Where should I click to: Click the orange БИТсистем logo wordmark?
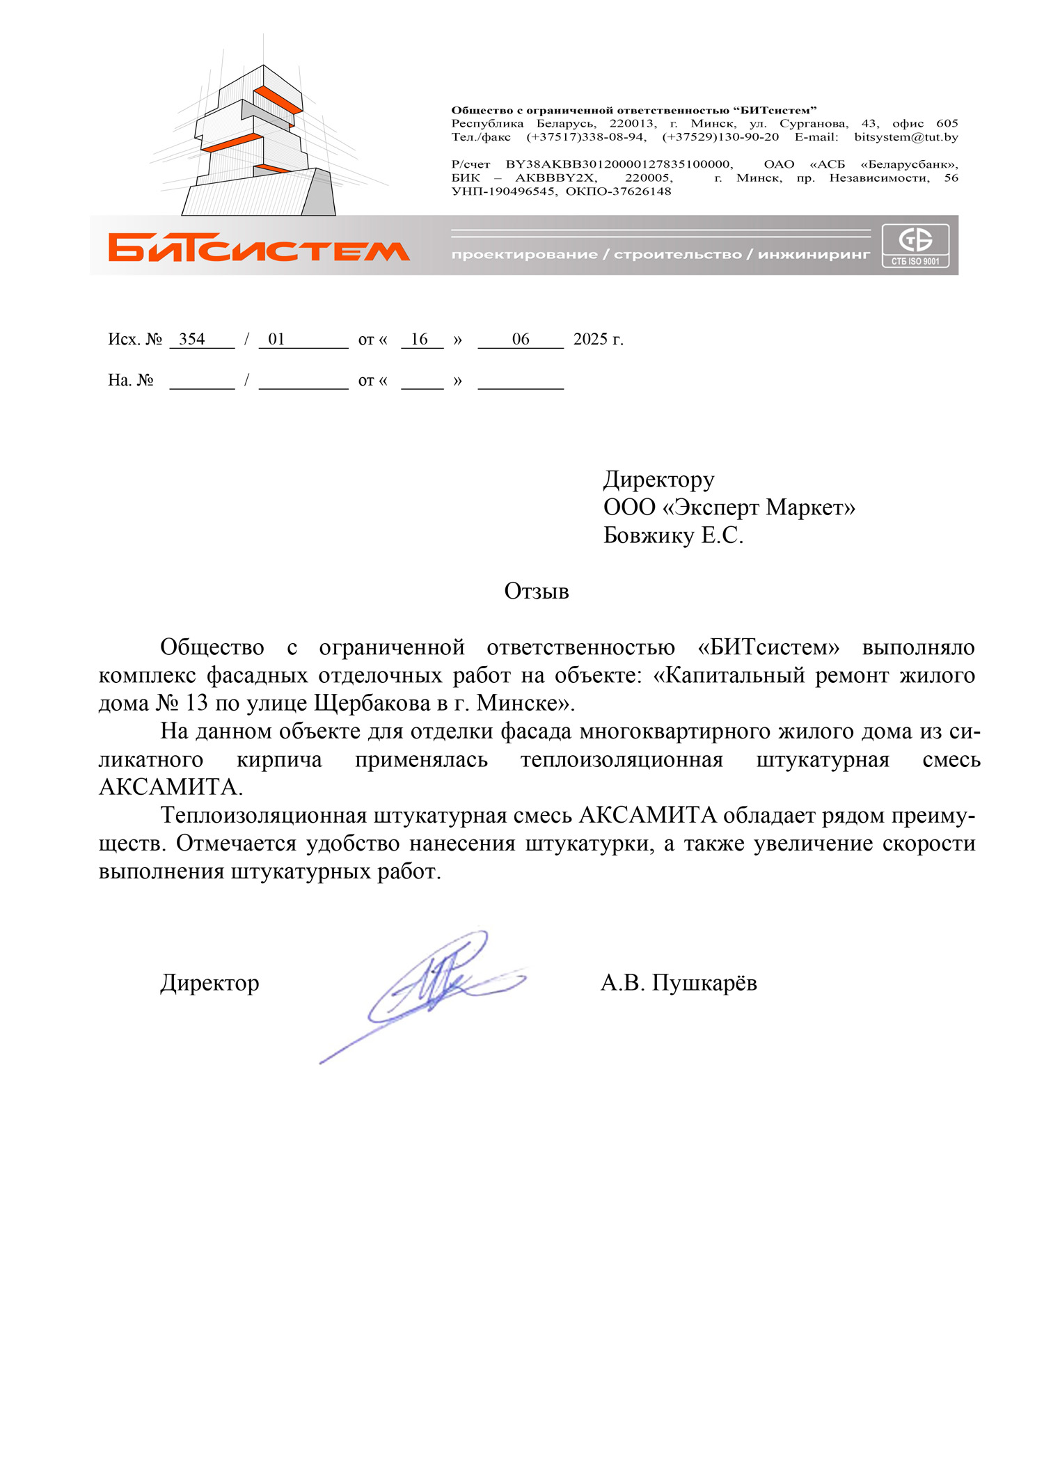click(259, 248)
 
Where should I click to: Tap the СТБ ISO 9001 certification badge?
click(915, 245)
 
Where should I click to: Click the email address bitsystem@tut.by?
click(905, 137)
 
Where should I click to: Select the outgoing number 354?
click(192, 339)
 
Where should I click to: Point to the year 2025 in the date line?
click(590, 339)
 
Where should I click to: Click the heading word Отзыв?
click(537, 591)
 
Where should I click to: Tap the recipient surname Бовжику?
click(649, 535)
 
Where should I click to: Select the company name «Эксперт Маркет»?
click(759, 507)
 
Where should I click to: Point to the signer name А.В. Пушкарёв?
click(679, 983)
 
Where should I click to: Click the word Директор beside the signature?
click(209, 983)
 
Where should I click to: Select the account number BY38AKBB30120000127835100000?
click(619, 164)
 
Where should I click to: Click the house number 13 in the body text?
click(197, 703)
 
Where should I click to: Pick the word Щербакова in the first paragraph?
click(372, 703)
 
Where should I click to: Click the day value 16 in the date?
click(419, 339)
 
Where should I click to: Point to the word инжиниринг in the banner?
click(814, 255)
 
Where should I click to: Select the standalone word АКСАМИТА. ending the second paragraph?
click(171, 787)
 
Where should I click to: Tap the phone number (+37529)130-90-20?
click(720, 137)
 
